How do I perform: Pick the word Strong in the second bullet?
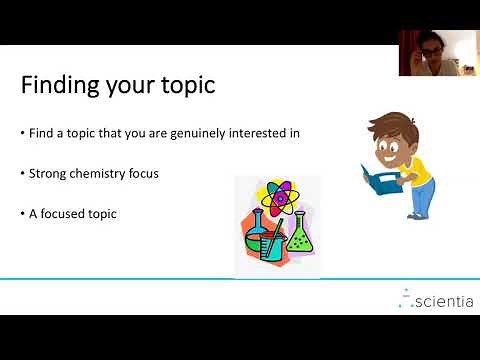[45, 173]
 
